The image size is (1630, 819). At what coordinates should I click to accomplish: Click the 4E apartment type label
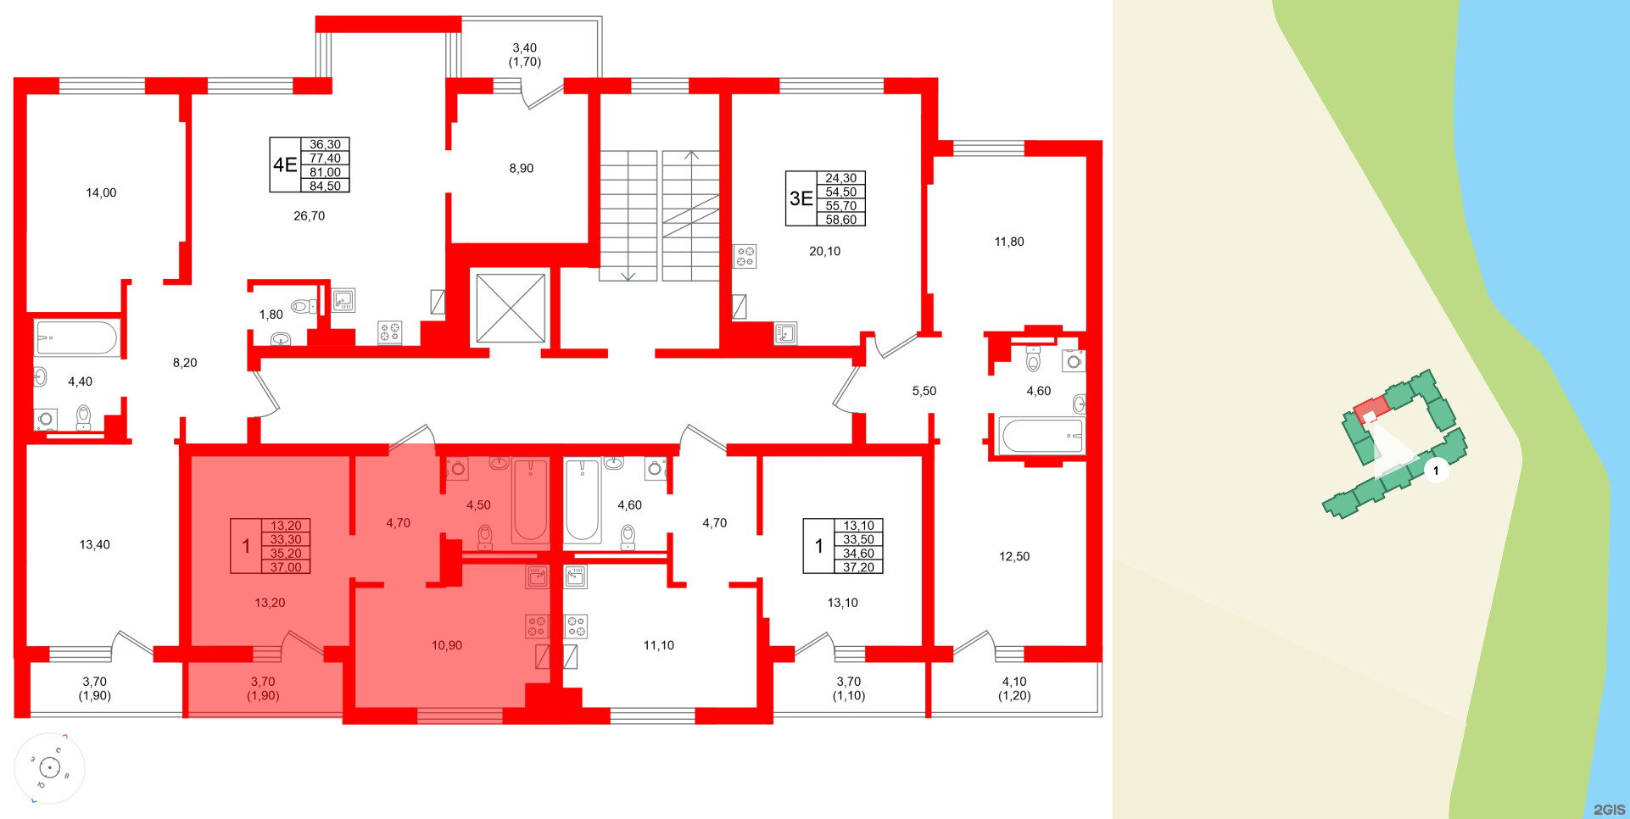click(x=285, y=164)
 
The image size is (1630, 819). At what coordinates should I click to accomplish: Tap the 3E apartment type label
click(x=801, y=198)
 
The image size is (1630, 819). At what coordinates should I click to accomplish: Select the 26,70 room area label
click(x=309, y=216)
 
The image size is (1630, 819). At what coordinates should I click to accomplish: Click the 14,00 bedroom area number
click(x=101, y=192)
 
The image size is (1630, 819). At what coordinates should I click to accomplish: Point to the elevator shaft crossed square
click(x=511, y=308)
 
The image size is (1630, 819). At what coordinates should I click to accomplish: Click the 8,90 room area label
click(x=521, y=169)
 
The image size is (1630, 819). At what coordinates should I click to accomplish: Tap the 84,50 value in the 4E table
click(x=325, y=186)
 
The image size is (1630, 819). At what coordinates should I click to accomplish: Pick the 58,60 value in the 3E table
click(x=840, y=220)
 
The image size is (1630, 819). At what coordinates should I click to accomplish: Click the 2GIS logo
click(x=1609, y=810)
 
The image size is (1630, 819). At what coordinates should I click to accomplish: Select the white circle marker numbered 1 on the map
click(x=1436, y=471)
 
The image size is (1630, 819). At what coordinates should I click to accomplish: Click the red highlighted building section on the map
click(x=1370, y=409)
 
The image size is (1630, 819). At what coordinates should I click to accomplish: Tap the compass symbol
click(x=50, y=768)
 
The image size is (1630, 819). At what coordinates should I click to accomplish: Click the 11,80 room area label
click(x=1009, y=242)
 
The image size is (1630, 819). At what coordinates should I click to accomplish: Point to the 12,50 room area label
click(x=1014, y=557)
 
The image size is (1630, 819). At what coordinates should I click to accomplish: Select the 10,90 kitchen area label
click(x=447, y=645)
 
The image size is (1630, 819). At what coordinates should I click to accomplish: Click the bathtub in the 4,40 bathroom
click(x=76, y=338)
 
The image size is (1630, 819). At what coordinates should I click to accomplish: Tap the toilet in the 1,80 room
click(x=300, y=306)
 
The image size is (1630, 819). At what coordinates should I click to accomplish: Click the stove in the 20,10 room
click(x=745, y=256)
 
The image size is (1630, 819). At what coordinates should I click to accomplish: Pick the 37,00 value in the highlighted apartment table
click(x=286, y=567)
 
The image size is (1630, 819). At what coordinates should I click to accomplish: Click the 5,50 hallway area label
click(x=924, y=391)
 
